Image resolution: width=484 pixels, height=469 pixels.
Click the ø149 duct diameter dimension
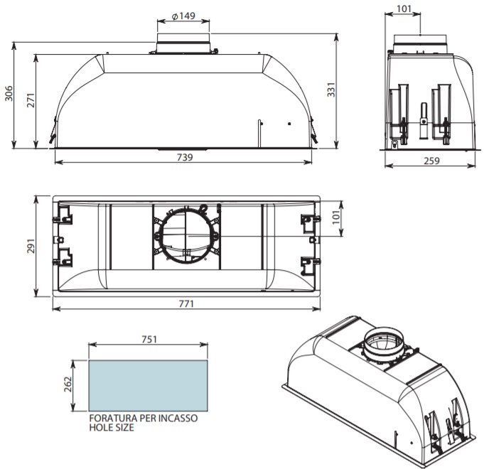[x=183, y=16]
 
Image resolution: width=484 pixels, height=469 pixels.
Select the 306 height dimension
[x=9, y=94]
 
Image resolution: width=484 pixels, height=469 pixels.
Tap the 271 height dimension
[x=31, y=100]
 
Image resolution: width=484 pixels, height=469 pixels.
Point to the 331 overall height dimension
[x=331, y=90]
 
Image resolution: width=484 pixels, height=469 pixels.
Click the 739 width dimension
[x=185, y=157]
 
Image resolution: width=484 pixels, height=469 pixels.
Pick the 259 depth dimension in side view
[x=431, y=161]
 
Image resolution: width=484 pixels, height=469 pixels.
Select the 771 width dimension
[x=186, y=304]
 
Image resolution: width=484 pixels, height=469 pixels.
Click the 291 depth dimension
[x=31, y=246]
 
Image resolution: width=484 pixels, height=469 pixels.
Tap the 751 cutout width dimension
[x=149, y=339]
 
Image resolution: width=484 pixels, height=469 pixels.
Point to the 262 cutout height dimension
[x=68, y=384]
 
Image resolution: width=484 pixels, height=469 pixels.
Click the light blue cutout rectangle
[x=148, y=386]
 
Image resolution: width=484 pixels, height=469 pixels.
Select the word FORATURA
[x=114, y=419]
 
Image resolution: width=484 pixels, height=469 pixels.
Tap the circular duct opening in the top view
[x=186, y=236]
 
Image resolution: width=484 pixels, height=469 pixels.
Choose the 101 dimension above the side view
[x=404, y=9]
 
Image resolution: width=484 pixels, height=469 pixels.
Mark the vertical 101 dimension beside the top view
[x=336, y=217]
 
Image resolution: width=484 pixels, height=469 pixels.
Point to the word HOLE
[x=101, y=428]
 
